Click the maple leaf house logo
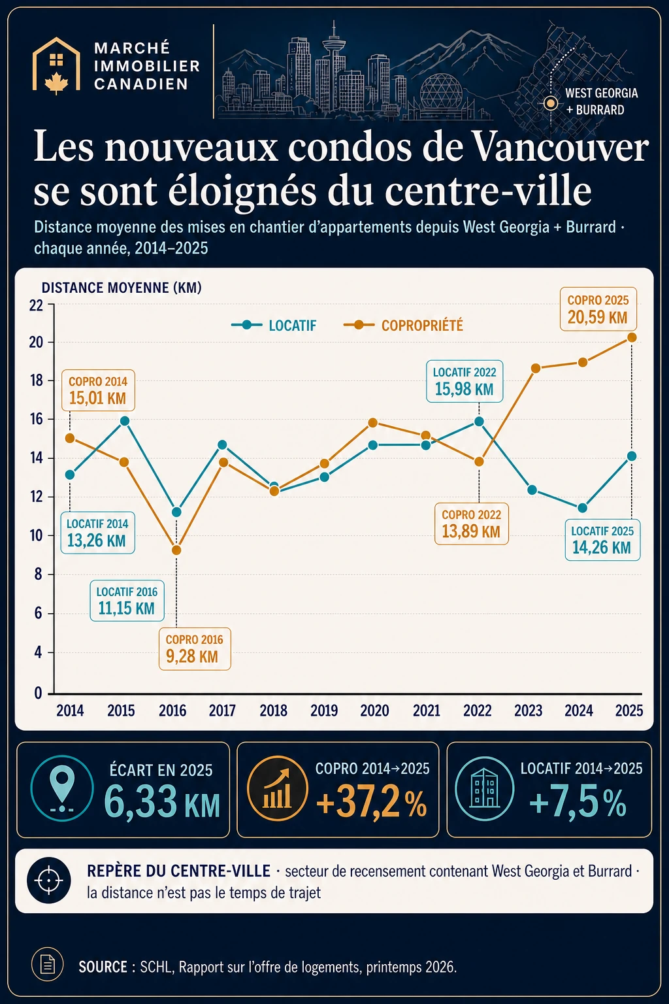tap(56, 66)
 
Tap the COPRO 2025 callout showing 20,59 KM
tap(598, 309)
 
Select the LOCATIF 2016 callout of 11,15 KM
tap(127, 601)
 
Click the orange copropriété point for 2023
tap(536, 369)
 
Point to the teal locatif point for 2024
tap(583, 508)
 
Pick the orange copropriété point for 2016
tap(176, 550)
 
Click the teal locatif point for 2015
tap(125, 421)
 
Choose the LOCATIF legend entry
tap(274, 326)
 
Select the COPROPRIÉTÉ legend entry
tap(403, 326)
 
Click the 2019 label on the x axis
tap(324, 711)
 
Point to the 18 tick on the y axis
tap(36, 380)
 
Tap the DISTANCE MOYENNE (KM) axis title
tap(122, 288)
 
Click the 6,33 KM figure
tap(162, 802)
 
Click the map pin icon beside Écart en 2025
tap(62, 790)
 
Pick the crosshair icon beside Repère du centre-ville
tap(49, 880)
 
